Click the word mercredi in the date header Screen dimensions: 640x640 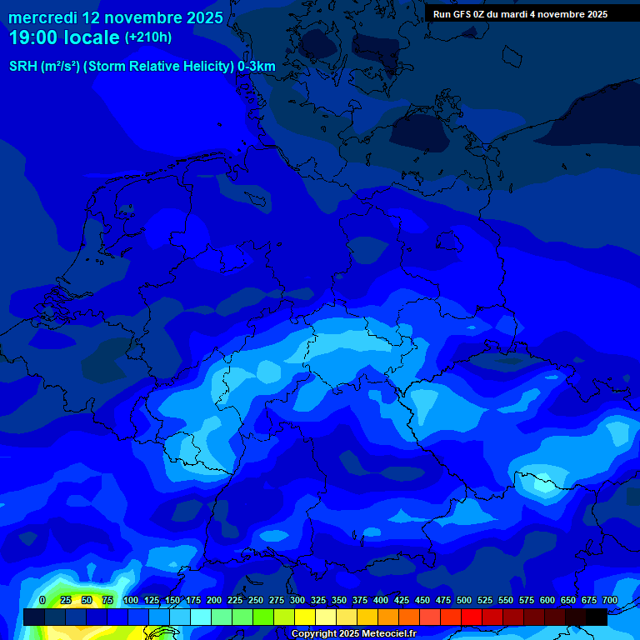click(x=42, y=17)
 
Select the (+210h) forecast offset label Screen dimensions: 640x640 click(x=148, y=37)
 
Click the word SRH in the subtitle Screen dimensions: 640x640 click(x=22, y=67)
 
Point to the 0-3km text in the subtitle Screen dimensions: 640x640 click(x=257, y=67)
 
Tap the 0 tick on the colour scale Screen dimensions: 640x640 click(x=42, y=600)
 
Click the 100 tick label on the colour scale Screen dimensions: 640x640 click(x=130, y=600)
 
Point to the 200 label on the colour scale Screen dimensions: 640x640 click(x=213, y=600)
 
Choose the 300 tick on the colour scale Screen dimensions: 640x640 click(x=297, y=600)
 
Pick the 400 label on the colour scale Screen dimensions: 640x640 click(x=380, y=600)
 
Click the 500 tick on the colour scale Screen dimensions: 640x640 click(x=463, y=600)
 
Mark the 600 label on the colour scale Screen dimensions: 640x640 click(x=547, y=600)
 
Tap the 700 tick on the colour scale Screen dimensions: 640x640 click(x=609, y=600)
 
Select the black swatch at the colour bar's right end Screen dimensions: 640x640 click(x=597, y=617)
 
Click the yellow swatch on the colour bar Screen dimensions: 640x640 click(x=305, y=617)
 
